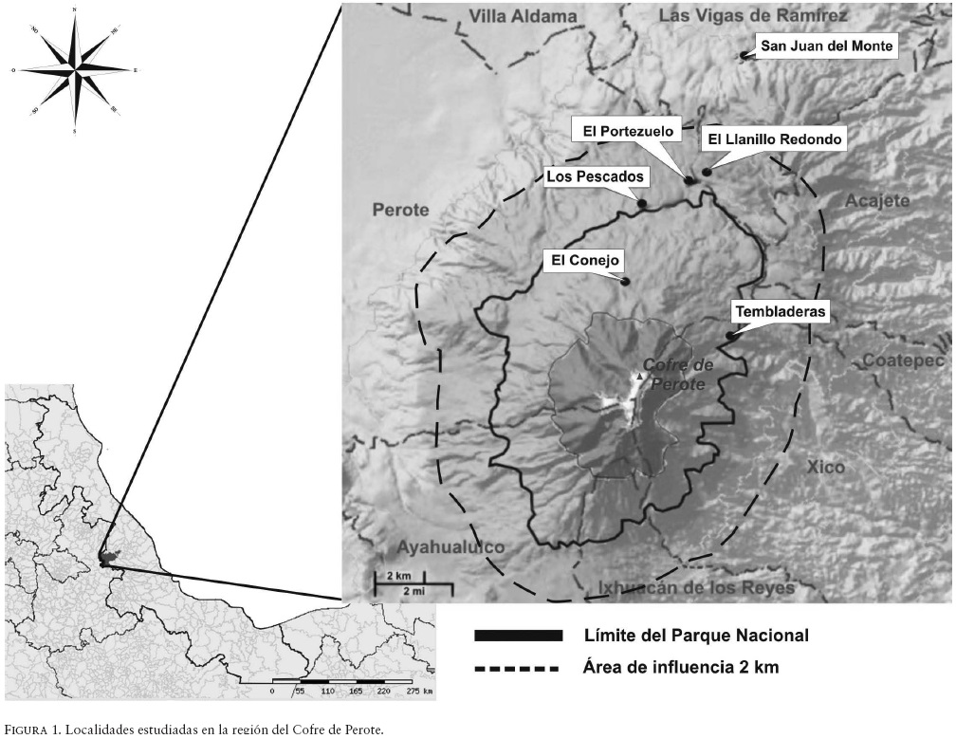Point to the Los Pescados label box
click(x=595, y=176)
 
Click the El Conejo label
click(x=584, y=259)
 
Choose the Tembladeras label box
click(x=780, y=311)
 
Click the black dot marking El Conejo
click(x=625, y=281)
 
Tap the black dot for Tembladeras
click(x=730, y=335)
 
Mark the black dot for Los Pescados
click(x=642, y=203)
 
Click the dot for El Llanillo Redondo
click(x=707, y=172)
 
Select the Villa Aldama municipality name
click(x=536, y=17)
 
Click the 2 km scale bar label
click(x=397, y=577)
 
